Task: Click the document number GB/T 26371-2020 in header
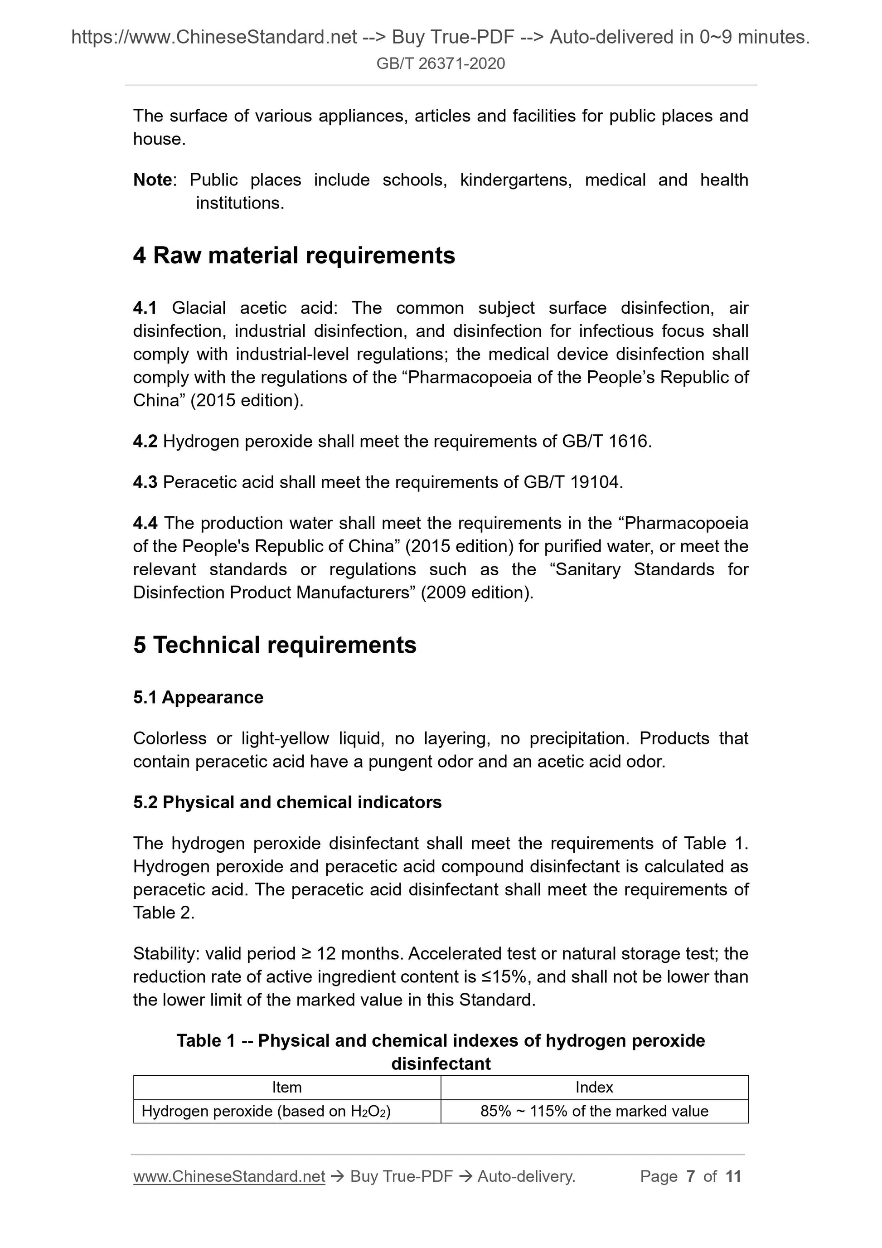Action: tap(440, 63)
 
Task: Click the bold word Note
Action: tap(152, 180)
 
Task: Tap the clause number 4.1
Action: tap(145, 308)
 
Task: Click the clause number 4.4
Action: tap(145, 523)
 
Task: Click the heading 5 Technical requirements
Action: tap(275, 645)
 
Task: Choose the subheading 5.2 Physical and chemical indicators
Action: tap(287, 802)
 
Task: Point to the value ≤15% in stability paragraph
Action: tap(506, 977)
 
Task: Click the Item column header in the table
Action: tap(286, 1087)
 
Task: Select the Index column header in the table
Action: tap(594, 1087)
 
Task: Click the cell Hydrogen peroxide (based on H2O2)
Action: tap(266, 1111)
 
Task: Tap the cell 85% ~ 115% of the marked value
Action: tap(594, 1111)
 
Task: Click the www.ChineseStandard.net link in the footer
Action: tap(229, 1176)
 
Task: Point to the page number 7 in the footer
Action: tap(690, 1176)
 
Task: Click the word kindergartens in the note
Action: tap(515, 180)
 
